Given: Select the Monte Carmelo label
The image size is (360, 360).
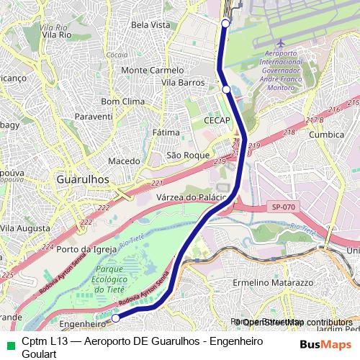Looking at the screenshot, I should [x=153, y=71].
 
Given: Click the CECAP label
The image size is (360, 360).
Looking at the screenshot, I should [x=217, y=120].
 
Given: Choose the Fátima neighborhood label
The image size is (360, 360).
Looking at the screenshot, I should [x=166, y=133].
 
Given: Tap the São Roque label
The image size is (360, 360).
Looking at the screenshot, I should [x=187, y=155].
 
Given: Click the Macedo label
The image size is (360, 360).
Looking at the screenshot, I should [x=123, y=161].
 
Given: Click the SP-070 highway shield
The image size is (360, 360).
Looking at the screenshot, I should [x=282, y=207].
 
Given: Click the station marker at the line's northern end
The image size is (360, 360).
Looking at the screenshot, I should [x=225, y=24].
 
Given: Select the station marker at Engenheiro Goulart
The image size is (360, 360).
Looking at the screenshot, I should [x=115, y=317].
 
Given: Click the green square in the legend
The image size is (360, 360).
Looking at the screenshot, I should [x=9, y=343].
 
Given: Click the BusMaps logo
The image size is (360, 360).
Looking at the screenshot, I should [x=325, y=343].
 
